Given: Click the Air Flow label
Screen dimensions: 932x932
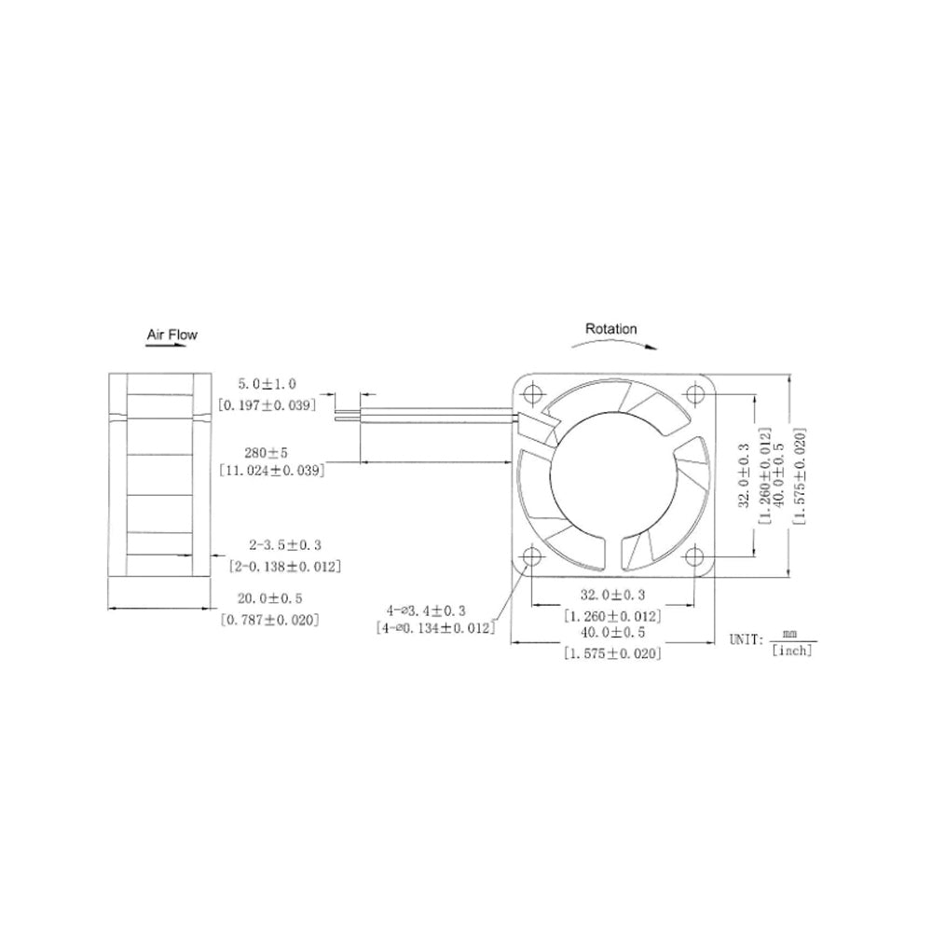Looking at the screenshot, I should (x=171, y=334).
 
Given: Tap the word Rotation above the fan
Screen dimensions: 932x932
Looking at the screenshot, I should (x=610, y=329).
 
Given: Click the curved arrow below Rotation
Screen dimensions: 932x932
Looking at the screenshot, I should (x=611, y=343).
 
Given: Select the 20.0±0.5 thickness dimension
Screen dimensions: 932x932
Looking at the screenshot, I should (x=270, y=598).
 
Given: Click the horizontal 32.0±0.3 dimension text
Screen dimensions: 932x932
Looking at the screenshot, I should (x=612, y=594).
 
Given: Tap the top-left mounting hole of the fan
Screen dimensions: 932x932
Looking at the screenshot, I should (x=532, y=391).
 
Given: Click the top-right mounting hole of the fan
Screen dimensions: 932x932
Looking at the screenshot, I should (x=695, y=391).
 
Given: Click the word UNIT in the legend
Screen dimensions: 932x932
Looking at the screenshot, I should (x=746, y=641).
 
